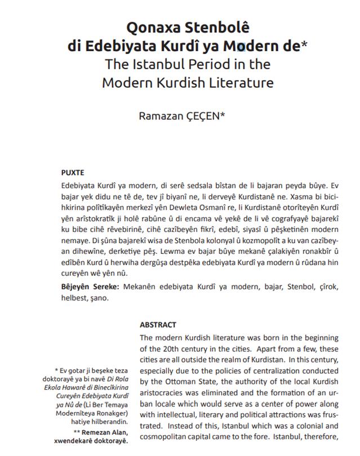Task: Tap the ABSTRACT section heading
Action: pyautogui.click(x=158, y=325)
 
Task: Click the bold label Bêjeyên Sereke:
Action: pyautogui.click(x=90, y=287)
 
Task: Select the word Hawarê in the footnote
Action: pyautogui.click(x=90, y=396)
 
